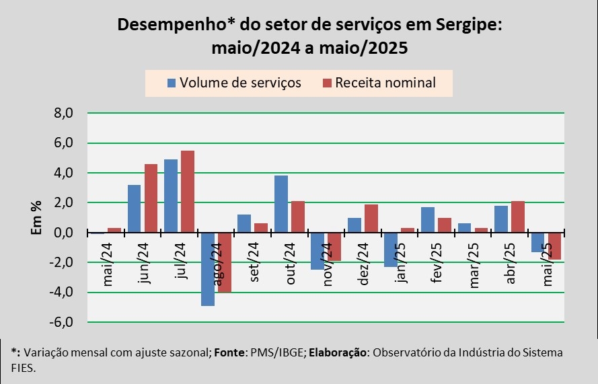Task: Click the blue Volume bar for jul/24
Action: [171, 196]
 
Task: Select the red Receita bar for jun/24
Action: [151, 198]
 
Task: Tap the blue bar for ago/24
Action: [207, 269]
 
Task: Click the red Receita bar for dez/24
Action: [371, 219]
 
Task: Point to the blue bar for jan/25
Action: [390, 249]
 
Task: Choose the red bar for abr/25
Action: [517, 217]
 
